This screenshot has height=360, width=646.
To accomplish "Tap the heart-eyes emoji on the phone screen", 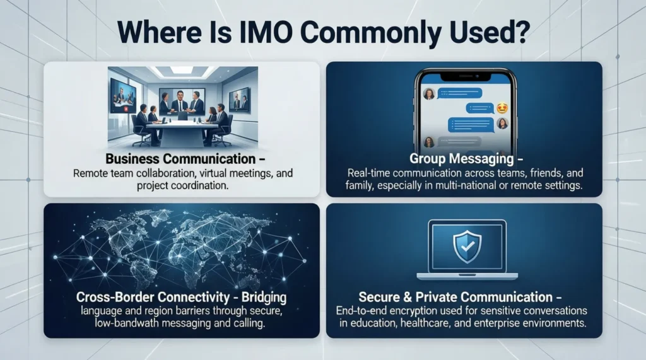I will [502, 108].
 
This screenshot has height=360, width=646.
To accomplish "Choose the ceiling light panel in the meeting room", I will [182, 70].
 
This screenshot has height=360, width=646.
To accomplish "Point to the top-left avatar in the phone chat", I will [428, 94].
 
